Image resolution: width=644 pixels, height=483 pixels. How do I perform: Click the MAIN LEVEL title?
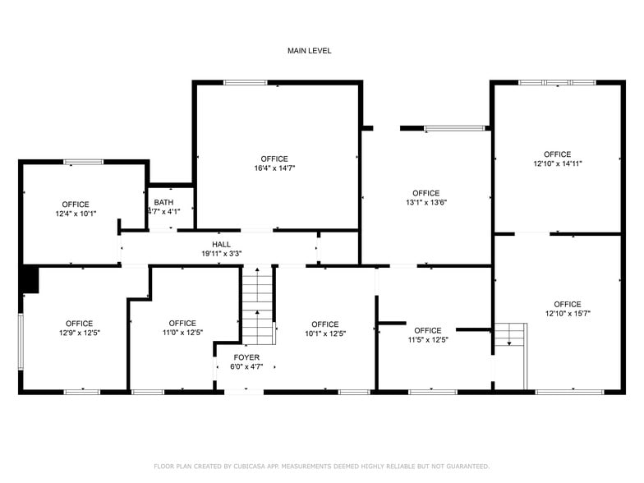coord(309,51)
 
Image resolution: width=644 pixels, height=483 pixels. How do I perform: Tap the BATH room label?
coord(163,202)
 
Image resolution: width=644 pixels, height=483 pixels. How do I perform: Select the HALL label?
coord(221,244)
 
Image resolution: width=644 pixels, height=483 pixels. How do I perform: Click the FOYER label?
coord(246,357)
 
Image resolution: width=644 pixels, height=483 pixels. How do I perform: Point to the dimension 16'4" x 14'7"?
coord(274,168)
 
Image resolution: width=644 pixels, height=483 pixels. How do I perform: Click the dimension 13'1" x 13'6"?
coord(425,203)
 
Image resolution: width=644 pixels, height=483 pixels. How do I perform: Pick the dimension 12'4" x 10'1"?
coord(76,214)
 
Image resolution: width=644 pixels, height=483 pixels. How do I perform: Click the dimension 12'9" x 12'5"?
coord(79,333)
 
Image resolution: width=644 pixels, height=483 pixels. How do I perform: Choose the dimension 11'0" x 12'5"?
coord(182,333)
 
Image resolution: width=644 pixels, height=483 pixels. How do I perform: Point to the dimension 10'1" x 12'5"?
coord(325,333)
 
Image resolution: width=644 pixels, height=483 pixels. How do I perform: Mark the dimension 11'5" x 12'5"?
coord(428,339)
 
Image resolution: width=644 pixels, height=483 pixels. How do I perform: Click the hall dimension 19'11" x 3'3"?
coord(221,254)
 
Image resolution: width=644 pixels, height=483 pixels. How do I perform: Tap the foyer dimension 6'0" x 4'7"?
coord(246,367)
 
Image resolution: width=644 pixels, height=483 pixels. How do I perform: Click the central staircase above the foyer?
coord(257,306)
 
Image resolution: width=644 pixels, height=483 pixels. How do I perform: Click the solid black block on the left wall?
coord(30,280)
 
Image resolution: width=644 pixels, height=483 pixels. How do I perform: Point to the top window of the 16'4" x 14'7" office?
coord(246,82)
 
